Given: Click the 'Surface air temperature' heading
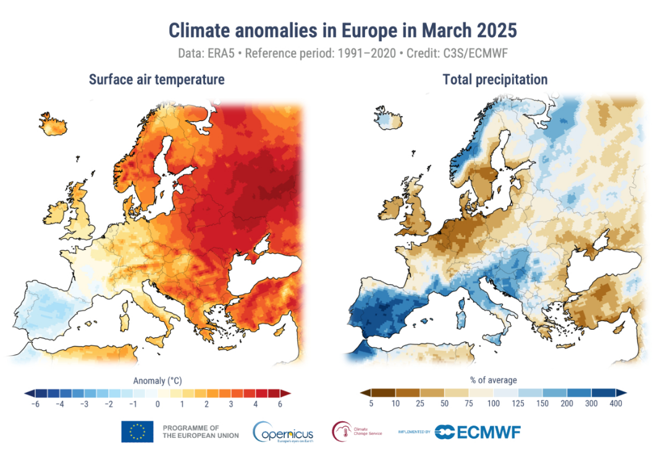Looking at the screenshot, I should click(x=156, y=80).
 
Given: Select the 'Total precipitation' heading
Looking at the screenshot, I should click(x=494, y=80).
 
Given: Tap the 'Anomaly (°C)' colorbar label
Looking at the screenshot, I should click(x=158, y=380).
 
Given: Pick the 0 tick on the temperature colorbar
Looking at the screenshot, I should click(x=158, y=404).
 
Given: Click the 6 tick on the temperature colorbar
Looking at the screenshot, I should click(x=280, y=404).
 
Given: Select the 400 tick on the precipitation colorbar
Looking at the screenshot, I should click(x=615, y=404).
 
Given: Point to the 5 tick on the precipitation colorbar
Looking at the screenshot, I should click(x=371, y=404).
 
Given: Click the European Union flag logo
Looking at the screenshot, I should click(x=137, y=431).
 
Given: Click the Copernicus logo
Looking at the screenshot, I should click(x=283, y=431).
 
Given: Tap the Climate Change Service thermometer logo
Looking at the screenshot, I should click(x=342, y=430).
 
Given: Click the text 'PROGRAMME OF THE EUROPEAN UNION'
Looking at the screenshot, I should click(x=191, y=431).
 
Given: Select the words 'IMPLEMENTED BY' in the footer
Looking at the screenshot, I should click(x=415, y=432).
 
